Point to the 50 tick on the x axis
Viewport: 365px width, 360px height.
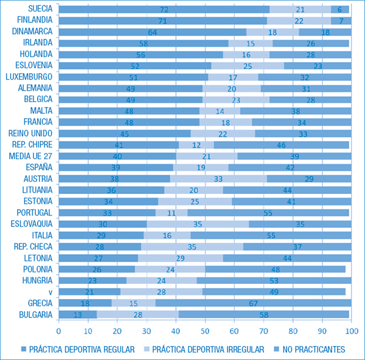(x=205, y=331)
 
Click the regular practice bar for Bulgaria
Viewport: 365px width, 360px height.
(x=77, y=314)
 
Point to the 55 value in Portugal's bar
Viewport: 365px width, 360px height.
(x=268, y=213)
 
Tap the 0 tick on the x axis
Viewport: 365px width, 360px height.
(x=58, y=331)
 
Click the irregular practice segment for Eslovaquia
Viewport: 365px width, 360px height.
(x=198, y=224)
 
